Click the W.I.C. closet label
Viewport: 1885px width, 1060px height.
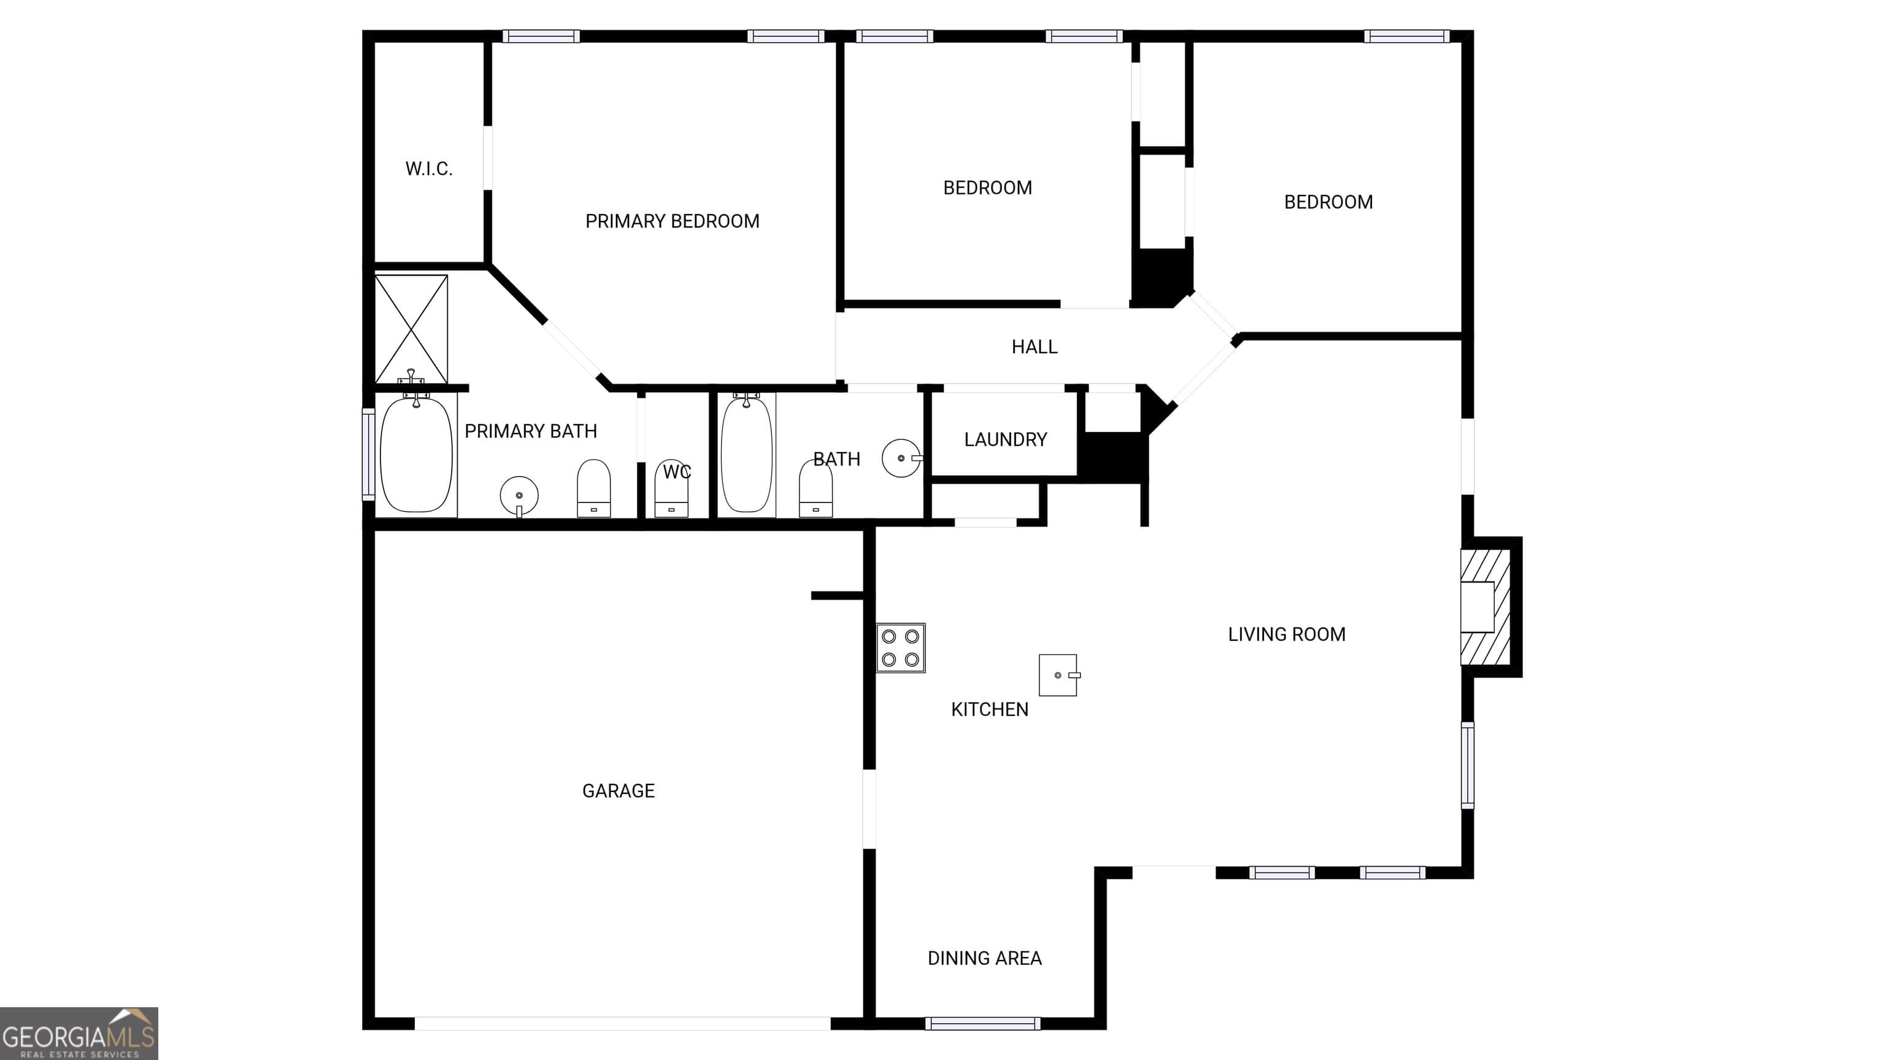tap(429, 169)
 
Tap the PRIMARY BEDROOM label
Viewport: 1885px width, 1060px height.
tap(673, 221)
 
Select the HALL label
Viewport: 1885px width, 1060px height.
tap(1035, 347)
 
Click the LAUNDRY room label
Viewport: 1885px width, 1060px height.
tap(1006, 440)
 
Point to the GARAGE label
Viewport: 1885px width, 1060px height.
tap(619, 791)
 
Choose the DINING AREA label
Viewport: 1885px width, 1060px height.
tap(984, 958)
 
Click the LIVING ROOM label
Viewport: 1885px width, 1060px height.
tap(1286, 634)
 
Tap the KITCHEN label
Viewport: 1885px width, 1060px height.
tap(989, 710)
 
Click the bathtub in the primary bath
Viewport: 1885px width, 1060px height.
tap(417, 455)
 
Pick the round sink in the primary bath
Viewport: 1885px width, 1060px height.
tap(520, 495)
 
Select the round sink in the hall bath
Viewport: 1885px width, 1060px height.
tap(901, 458)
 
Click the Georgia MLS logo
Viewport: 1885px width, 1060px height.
tap(79, 1034)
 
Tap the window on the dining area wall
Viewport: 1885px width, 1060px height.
tap(983, 1023)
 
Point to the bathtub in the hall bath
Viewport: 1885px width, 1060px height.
tap(746, 455)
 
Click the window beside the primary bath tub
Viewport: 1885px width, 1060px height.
tap(369, 455)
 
